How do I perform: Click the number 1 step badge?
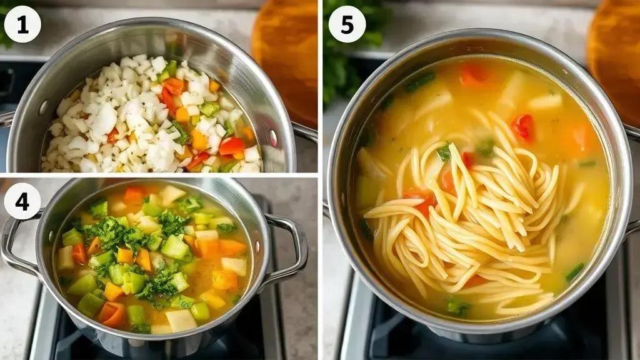point(22,24)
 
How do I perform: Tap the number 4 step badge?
point(22,201)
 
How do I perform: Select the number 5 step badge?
point(347,24)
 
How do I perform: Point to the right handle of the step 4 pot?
point(286,249)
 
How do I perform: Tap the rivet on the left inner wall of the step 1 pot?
point(43,107)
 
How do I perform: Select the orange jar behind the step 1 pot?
point(285,57)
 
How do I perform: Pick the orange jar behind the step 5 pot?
point(614,57)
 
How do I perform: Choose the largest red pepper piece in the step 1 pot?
point(231,146)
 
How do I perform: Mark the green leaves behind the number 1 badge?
point(5,24)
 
